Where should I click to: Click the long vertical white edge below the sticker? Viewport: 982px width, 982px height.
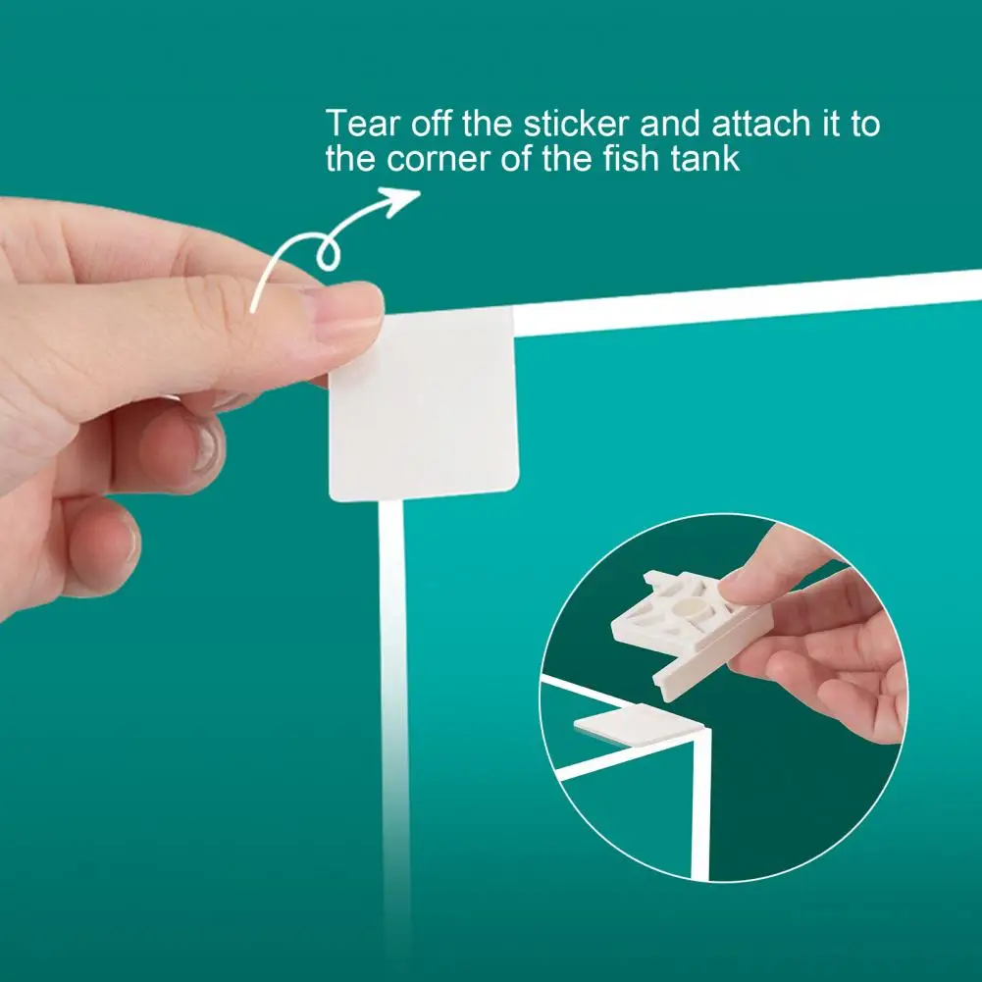point(392,706)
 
